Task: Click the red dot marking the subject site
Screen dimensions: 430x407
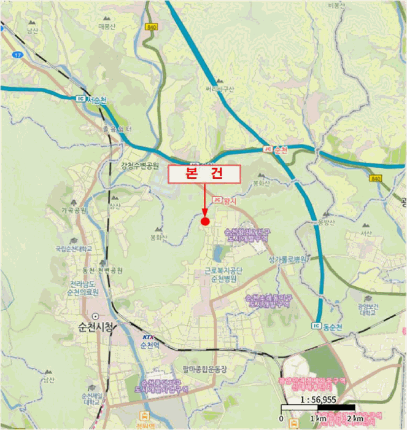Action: [x=205, y=221]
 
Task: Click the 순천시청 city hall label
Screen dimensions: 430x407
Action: [x=92, y=326]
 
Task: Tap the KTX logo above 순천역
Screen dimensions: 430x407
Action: [x=148, y=337]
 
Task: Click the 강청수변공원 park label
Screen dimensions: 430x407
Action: [x=140, y=165]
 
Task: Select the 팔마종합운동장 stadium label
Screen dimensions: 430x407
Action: [x=204, y=369]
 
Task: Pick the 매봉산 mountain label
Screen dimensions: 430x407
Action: [x=107, y=26]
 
